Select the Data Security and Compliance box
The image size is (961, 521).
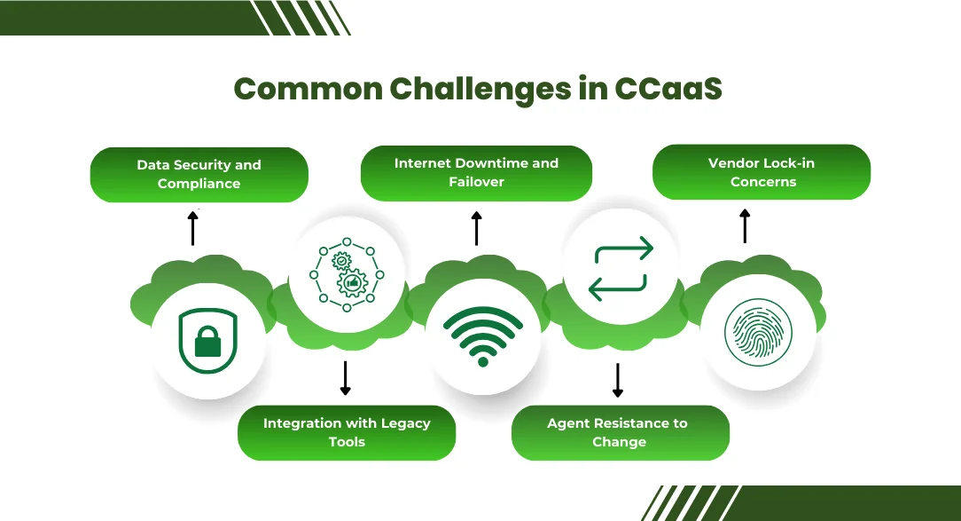click(x=199, y=174)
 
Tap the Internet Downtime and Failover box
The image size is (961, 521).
click(x=476, y=172)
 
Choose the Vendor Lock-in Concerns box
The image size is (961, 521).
click(x=762, y=172)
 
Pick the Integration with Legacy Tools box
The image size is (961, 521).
click(x=347, y=432)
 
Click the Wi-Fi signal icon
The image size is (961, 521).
click(x=483, y=336)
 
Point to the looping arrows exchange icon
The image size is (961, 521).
click(x=621, y=268)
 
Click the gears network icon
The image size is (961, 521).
click(x=347, y=272)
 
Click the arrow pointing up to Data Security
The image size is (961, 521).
click(x=192, y=227)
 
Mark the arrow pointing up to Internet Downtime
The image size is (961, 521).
click(x=476, y=228)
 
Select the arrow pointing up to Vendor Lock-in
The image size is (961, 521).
click(x=745, y=226)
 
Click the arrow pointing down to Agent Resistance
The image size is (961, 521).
click(x=619, y=380)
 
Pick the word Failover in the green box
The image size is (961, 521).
click(x=476, y=181)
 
